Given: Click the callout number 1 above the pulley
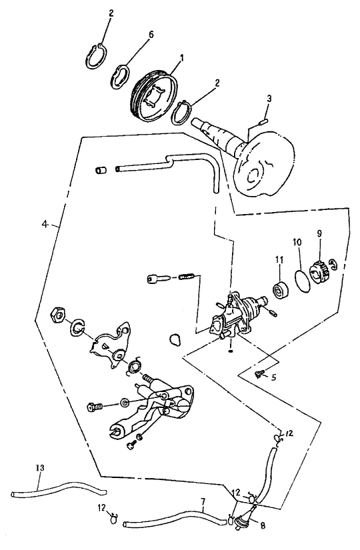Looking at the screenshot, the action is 182,57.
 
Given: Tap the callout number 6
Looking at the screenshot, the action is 151,35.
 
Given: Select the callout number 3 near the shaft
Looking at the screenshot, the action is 269,99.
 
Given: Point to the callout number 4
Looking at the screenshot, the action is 45,224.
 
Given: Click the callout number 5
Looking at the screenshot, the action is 274,377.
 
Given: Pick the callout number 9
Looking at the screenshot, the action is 319,233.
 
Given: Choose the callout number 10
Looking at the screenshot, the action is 298,243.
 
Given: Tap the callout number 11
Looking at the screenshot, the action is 279,259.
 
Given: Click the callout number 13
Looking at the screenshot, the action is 40,468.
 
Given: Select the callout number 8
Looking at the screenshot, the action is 263,526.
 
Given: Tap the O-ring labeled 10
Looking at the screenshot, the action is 302,280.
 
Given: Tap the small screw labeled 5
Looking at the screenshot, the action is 260,374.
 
